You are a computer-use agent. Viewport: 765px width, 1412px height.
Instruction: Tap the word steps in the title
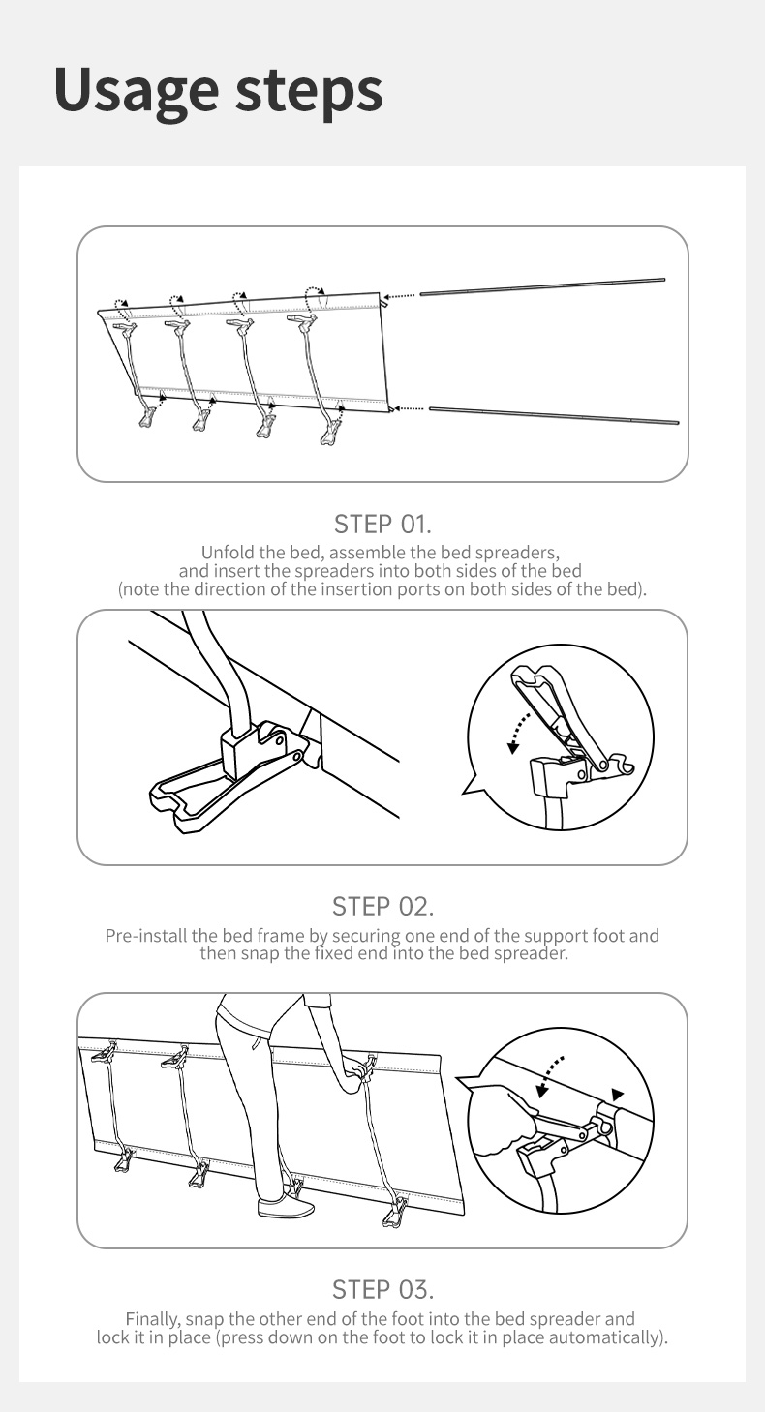(x=309, y=90)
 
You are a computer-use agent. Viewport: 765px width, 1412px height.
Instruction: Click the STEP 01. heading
(x=382, y=524)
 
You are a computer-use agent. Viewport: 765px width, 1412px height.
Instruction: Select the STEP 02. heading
(x=382, y=907)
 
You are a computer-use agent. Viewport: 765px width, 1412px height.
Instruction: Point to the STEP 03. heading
(x=382, y=1290)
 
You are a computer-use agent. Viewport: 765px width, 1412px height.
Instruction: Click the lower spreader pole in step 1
(x=554, y=415)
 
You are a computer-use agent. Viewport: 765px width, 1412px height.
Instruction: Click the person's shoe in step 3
(x=286, y=1208)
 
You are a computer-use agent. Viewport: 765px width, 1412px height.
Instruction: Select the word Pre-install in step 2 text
(x=145, y=936)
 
